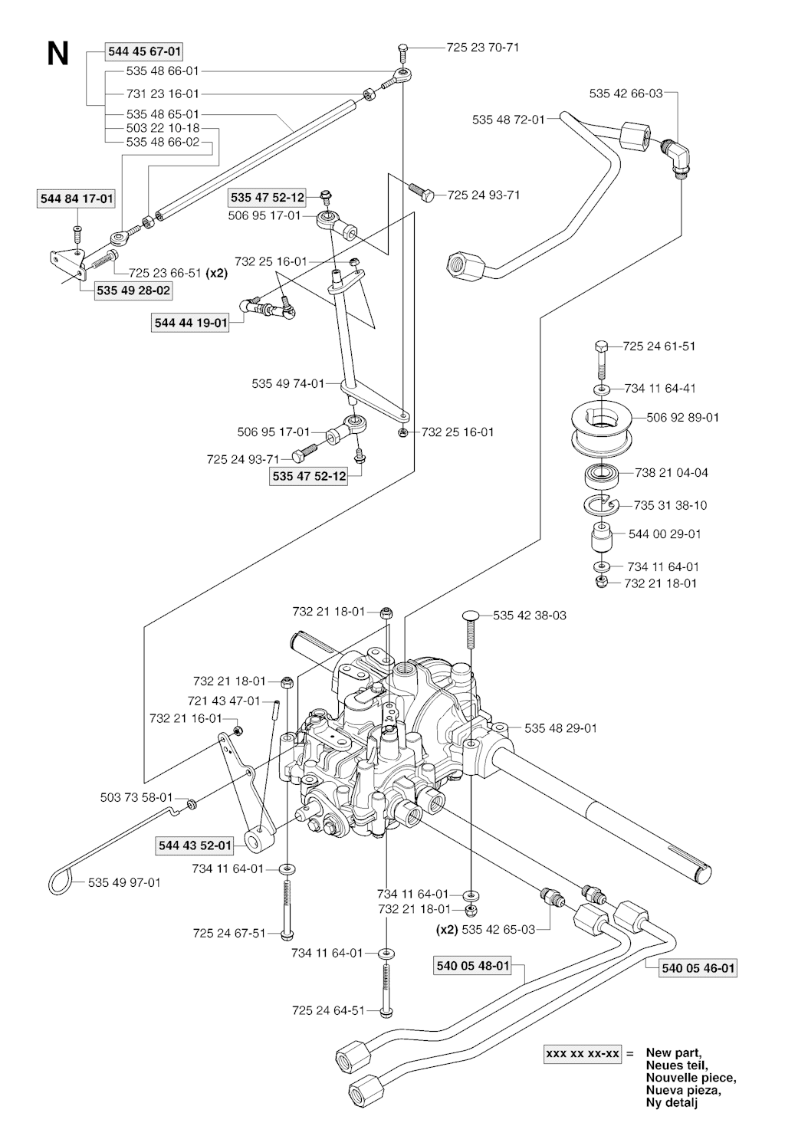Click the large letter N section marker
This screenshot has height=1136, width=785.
click(57, 54)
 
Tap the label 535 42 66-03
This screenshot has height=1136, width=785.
click(626, 94)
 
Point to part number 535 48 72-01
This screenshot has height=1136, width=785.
click(508, 120)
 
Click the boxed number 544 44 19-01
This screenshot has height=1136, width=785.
click(191, 323)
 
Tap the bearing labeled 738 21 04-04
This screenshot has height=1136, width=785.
click(601, 474)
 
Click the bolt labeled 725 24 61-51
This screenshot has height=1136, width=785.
click(600, 355)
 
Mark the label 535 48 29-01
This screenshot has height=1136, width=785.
click(560, 728)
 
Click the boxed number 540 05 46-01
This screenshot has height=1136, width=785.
click(698, 968)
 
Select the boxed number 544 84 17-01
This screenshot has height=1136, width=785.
click(77, 199)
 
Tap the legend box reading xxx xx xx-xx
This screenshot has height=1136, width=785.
click(582, 1054)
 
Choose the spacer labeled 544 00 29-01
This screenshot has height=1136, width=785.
click(601, 537)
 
